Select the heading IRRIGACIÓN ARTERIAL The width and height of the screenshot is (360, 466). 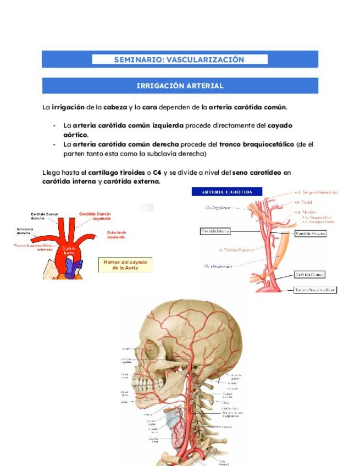pyautogui.click(x=180, y=86)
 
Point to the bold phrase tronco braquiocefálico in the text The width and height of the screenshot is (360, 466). pyautogui.click(x=256, y=145)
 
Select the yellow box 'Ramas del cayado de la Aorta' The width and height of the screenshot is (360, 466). pyautogui.click(x=125, y=265)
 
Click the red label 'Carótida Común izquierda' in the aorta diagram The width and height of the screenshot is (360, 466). pyautogui.click(x=95, y=216)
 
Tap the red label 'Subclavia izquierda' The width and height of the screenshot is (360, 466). pyautogui.click(x=117, y=235)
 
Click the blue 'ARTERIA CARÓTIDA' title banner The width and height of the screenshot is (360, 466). pyautogui.click(x=227, y=192)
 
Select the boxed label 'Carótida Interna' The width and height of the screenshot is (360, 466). pyautogui.click(x=215, y=231)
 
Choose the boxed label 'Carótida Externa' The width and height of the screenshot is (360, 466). pyautogui.click(x=310, y=233)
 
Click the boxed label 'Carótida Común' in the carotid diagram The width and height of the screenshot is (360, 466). pyautogui.click(x=309, y=274)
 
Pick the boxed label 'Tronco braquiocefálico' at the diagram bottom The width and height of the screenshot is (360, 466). pyautogui.click(x=315, y=290)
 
